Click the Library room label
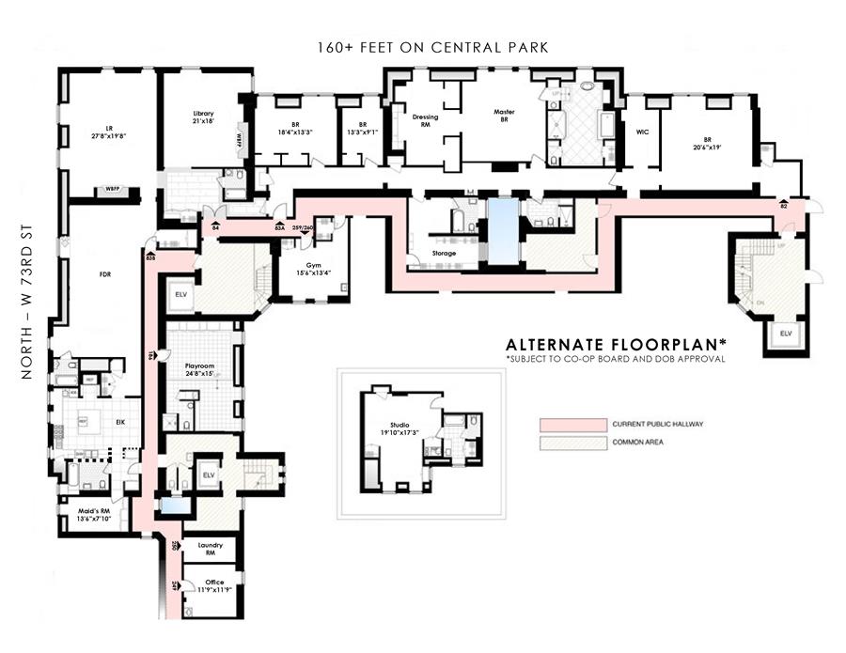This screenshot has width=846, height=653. coord(203,116)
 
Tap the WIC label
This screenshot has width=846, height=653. coord(643,132)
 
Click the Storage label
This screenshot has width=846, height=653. coord(444,254)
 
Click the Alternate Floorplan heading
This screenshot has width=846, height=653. coord(615,344)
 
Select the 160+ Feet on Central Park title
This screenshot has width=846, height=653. coord(432,47)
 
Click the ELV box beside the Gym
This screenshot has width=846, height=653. coord(180,294)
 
